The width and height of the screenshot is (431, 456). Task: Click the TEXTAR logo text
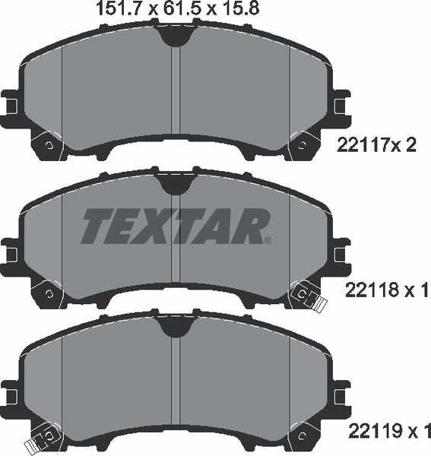point(174,226)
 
